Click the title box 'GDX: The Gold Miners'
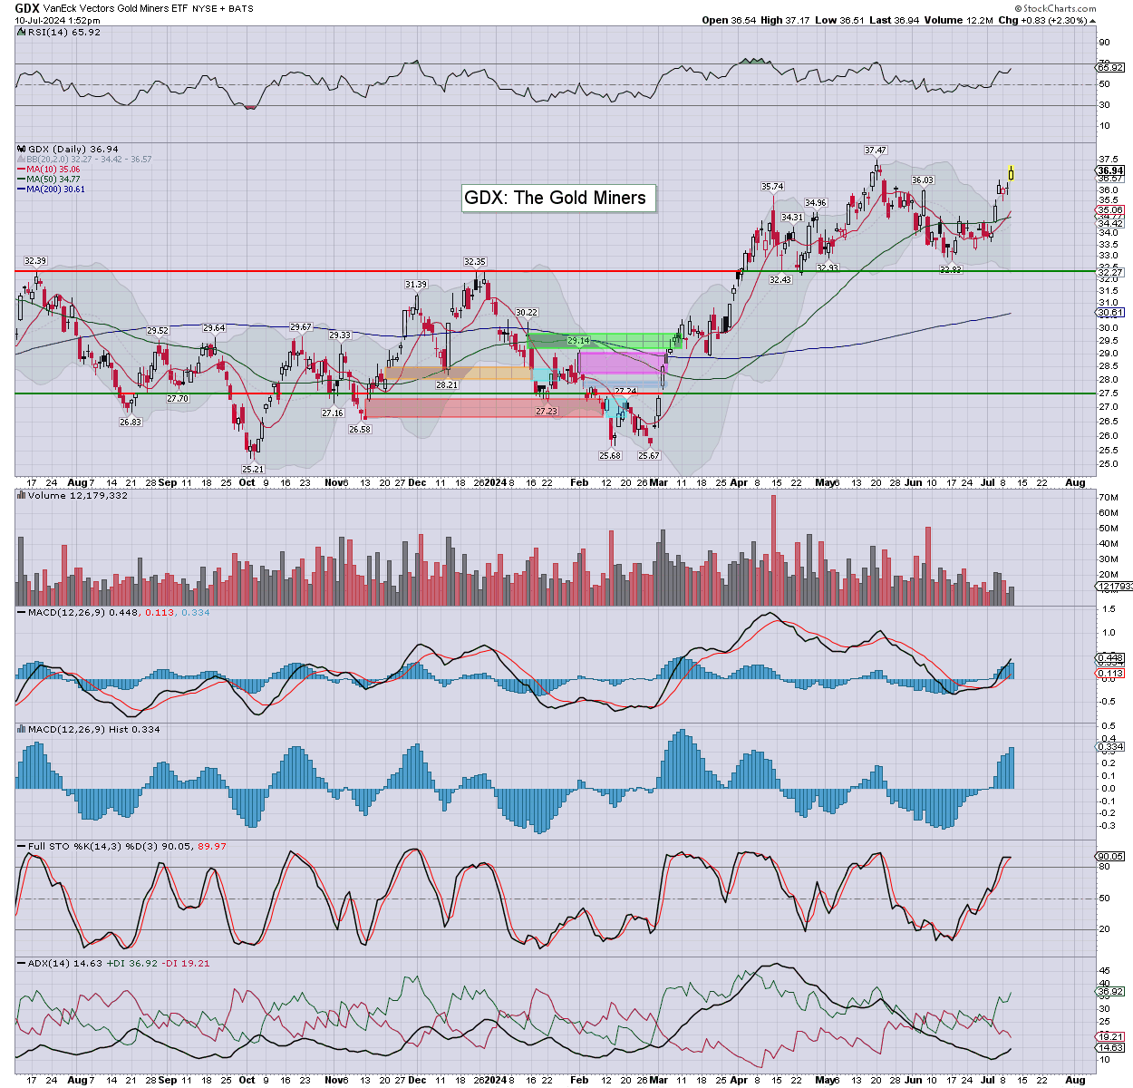pos(555,198)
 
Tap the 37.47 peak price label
pos(875,151)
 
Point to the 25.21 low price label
pos(252,469)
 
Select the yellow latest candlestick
pos(1011,171)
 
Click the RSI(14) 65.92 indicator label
pos(63,32)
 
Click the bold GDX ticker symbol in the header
pos(27,7)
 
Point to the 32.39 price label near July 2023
pos(34,261)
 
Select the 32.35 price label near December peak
pos(474,262)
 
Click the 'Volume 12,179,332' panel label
pos(77,496)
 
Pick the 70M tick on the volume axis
pos(1108,498)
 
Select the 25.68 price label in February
pos(609,455)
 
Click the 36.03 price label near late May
pos(922,180)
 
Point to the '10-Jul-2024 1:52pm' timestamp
pos(57,20)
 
